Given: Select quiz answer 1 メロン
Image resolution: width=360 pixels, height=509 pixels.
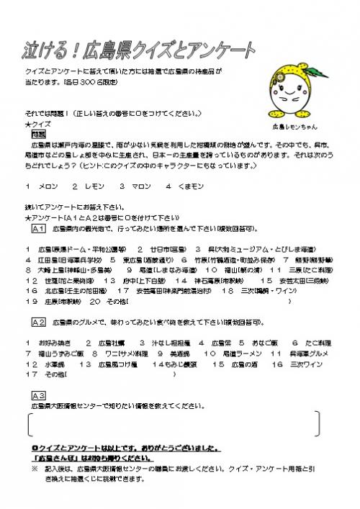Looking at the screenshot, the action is click(x=45, y=186).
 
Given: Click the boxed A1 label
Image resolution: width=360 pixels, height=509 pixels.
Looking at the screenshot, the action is click(x=39, y=228).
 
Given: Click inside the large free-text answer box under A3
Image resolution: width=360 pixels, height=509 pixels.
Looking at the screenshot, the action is click(x=173, y=425).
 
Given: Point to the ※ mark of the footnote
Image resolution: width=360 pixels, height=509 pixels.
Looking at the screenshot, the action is click(x=34, y=468).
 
